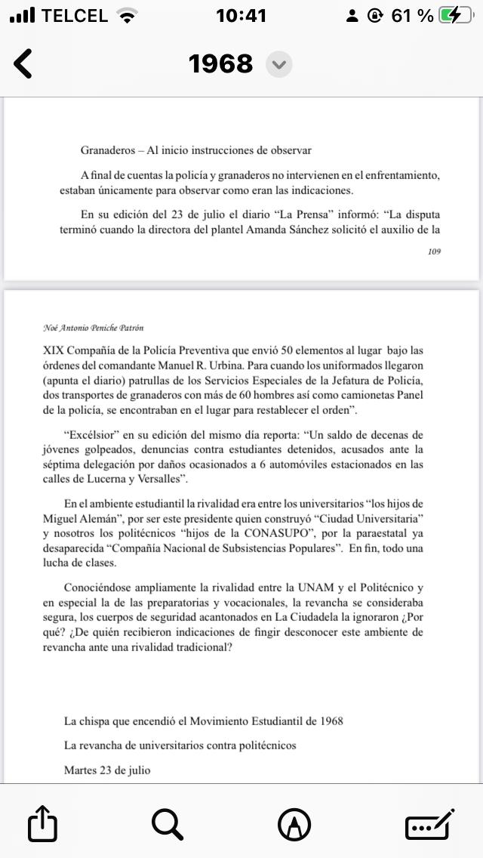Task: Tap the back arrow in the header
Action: pos(23,64)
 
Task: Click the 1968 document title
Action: pos(220,64)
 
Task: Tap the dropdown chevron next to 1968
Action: pos(279,65)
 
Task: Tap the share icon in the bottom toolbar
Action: pos(42,823)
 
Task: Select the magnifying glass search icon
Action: pos(168,823)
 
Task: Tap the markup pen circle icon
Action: pos(294,823)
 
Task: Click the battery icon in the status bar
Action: pos(456,16)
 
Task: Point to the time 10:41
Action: pos(241,16)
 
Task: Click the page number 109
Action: pos(433,252)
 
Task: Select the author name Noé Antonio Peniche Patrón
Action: pos(94,328)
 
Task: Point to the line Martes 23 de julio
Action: pos(107,770)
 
